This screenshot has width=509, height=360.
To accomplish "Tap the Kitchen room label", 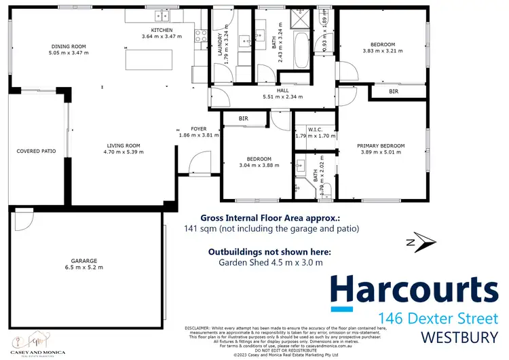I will point(162,30).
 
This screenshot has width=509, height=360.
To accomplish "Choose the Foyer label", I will point(198,128).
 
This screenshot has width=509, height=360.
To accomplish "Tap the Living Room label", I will point(123,145).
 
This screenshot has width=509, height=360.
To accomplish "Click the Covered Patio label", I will point(36,151).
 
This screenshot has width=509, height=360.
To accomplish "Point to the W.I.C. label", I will point(315,128).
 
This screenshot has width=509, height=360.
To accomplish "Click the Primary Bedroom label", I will point(382,145).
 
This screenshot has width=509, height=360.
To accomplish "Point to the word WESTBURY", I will point(459,337).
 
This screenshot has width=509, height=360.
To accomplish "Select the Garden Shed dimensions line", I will point(270,262).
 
